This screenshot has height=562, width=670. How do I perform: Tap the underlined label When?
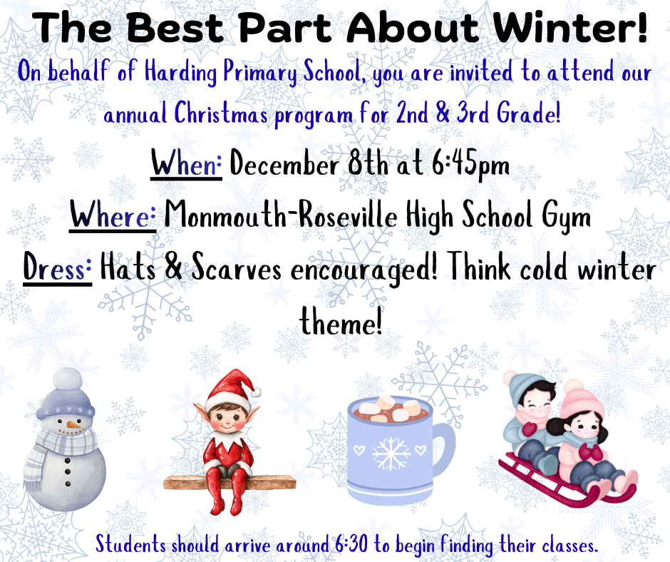click(187, 165)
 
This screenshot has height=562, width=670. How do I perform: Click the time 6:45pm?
click(471, 165)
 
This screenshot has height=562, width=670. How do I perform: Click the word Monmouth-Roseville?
click(280, 215)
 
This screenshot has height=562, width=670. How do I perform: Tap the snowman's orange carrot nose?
click(72, 425)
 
